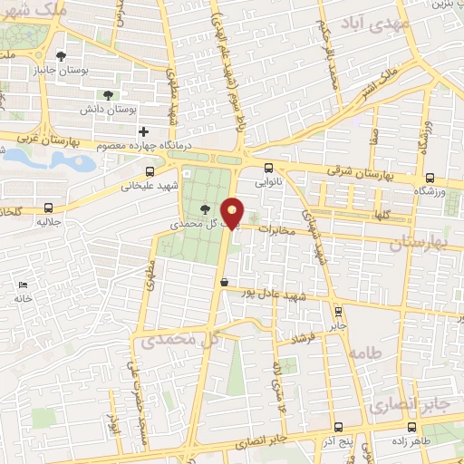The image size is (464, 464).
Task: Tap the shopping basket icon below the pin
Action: [x=223, y=282]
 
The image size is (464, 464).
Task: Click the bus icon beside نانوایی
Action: [x=268, y=167]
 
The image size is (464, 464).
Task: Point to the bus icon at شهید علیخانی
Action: [x=149, y=169]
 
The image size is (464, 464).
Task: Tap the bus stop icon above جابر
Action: [x=336, y=310]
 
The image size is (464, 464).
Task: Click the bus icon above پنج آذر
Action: [x=337, y=427]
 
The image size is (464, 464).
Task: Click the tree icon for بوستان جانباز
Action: [x=61, y=54]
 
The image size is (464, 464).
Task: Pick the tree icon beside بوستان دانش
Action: [x=109, y=93]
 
